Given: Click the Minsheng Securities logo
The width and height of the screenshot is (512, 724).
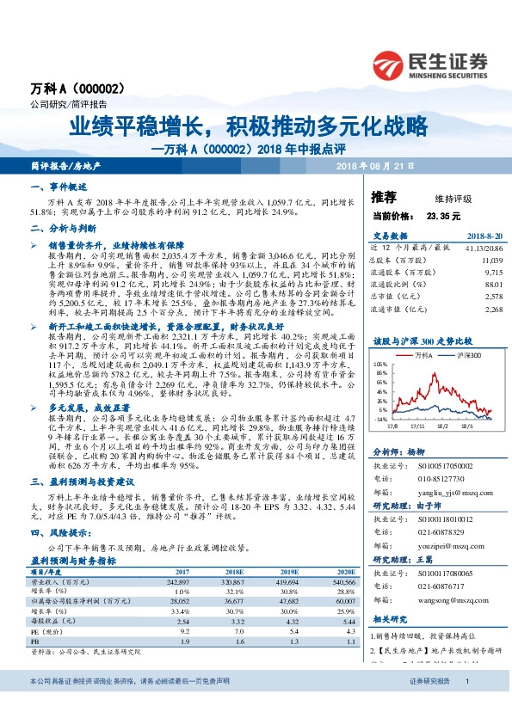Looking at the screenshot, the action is tap(430, 63).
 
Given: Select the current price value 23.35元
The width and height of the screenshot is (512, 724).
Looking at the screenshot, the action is tap(443, 217).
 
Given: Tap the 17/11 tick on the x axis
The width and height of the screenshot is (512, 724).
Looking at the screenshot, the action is tap(417, 424).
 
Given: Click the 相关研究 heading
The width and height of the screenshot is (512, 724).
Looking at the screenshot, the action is tap(389, 619).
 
